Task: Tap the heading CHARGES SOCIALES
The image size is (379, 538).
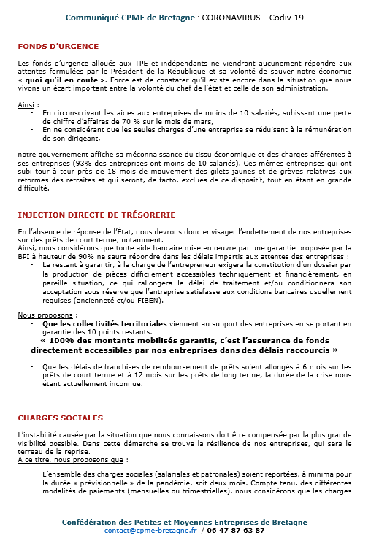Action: point(60,418)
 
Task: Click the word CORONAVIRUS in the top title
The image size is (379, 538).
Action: point(223,17)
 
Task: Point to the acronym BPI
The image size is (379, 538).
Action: point(26,258)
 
